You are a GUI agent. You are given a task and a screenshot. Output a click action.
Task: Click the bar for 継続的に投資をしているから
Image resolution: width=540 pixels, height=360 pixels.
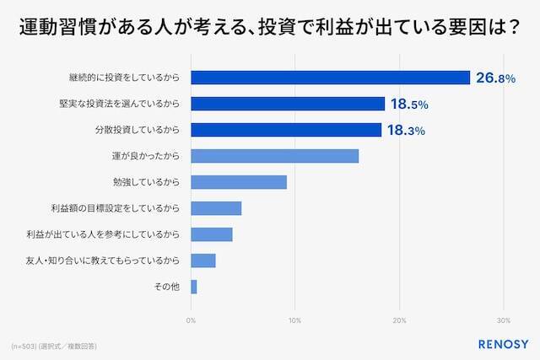coord(330,78)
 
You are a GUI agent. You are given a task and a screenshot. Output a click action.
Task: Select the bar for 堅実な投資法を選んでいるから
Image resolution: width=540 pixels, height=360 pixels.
coord(288,104)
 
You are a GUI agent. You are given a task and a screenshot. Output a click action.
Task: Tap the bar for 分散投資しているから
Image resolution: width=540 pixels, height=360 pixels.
coord(286,130)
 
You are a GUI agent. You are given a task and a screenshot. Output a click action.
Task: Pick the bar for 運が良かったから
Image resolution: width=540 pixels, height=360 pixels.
coord(275,156)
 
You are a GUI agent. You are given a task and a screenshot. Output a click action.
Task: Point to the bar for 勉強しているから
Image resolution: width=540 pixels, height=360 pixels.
coord(239,182)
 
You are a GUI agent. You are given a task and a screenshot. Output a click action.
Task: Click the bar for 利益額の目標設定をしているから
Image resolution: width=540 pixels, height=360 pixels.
coord(216,208)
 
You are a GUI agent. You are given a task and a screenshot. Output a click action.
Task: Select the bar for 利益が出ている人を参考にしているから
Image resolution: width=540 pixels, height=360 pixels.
coord(212,234)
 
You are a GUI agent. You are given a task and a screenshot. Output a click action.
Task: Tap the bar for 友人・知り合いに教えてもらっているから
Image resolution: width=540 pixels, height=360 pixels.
coord(203,261)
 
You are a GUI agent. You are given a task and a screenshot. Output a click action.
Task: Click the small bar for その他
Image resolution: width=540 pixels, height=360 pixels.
coord(194,287)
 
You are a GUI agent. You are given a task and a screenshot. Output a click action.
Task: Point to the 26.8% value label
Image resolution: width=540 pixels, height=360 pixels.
coord(494,78)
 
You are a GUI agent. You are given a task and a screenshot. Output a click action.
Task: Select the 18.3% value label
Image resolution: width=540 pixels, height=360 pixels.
coord(406,131)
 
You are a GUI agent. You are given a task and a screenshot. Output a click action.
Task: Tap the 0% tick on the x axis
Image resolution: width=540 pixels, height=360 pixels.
coord(192,320)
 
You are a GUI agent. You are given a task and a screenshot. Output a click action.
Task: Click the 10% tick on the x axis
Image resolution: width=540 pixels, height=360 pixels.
coord(295,320)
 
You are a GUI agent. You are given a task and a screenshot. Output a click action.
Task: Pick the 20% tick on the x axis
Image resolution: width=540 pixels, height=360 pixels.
coord(400,320)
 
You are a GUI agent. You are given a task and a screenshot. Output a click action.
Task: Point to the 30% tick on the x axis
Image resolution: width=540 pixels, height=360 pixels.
coord(504,320)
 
